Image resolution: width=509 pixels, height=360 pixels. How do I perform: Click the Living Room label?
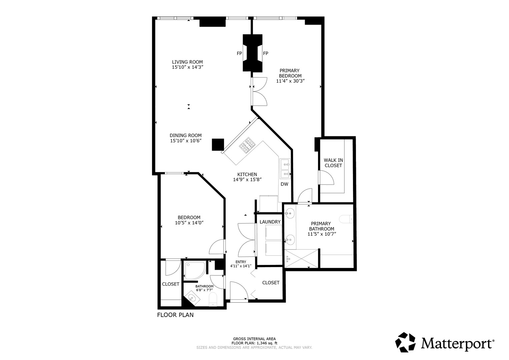click(x=187, y=62)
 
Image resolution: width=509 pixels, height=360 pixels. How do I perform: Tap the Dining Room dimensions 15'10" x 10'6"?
click(x=186, y=141)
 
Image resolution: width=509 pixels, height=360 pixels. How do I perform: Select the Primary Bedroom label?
click(x=290, y=73)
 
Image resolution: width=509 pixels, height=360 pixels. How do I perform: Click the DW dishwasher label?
click(x=284, y=184)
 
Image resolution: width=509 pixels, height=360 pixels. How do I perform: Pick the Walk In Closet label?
click(x=333, y=163)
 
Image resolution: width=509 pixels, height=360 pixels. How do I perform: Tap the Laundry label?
click(x=270, y=222)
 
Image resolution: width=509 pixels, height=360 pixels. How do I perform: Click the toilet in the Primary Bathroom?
click(x=346, y=219)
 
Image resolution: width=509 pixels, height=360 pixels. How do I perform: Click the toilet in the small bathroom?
click(x=213, y=299)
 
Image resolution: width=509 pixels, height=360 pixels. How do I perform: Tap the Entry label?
click(x=241, y=262)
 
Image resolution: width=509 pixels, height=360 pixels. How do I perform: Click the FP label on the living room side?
click(x=239, y=53)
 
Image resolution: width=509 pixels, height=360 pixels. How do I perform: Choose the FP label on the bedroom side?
click(x=266, y=53)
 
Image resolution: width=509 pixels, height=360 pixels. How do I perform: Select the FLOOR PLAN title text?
click(x=175, y=315)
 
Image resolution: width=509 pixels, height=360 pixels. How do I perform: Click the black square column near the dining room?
click(x=218, y=145)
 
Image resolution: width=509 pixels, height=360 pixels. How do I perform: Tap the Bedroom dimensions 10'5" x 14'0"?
click(x=189, y=223)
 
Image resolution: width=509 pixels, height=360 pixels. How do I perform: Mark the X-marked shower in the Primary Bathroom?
click(x=301, y=259)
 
